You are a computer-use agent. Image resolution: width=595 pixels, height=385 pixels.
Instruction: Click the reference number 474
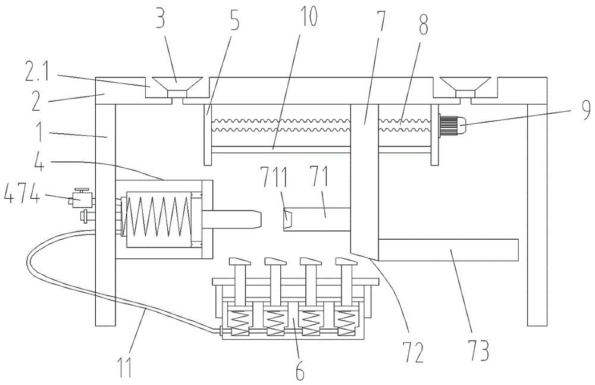point(21,197)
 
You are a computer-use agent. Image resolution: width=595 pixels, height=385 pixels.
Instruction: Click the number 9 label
point(585,110)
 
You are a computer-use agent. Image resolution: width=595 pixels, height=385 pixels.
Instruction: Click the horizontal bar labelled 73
point(448,250)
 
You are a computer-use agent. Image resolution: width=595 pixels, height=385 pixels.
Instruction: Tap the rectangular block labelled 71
point(317,219)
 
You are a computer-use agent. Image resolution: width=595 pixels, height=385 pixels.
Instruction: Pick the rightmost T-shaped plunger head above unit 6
point(345,261)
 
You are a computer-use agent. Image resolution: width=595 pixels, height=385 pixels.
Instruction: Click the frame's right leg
point(537,215)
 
